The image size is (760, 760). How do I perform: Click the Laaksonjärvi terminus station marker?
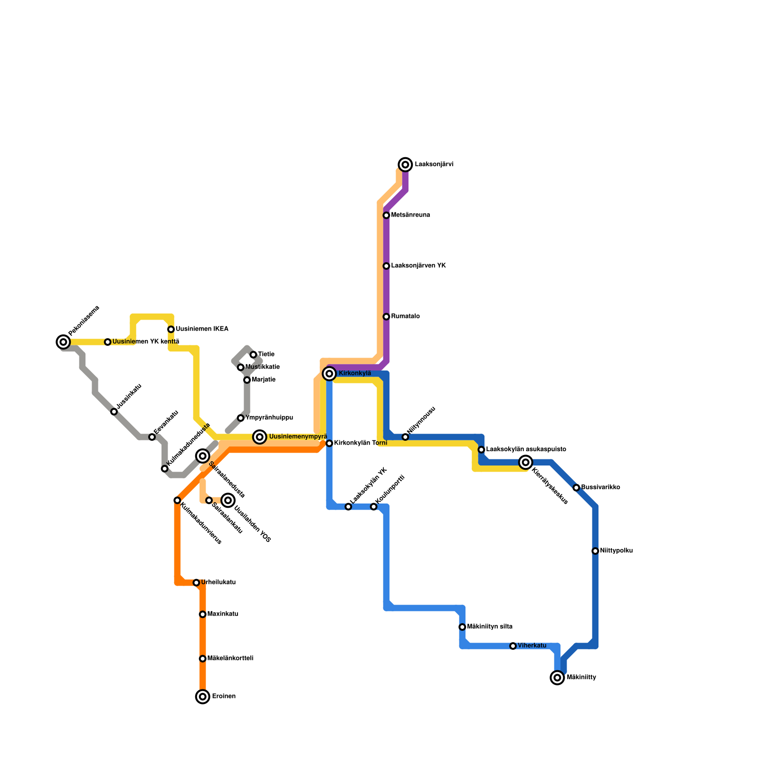coord(405,165)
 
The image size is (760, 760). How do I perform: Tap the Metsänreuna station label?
coord(410,215)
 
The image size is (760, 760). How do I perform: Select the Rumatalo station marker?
coord(386,317)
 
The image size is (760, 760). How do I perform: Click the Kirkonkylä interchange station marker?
coord(329,374)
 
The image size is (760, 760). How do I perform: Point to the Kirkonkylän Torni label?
coord(361,443)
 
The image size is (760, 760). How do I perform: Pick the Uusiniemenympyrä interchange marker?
coord(259,437)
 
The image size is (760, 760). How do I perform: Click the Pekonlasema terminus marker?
coord(63,342)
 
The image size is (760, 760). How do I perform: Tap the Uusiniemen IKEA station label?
coord(202,329)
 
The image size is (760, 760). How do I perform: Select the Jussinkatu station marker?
coord(114,412)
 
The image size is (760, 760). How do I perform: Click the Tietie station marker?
coord(253,355)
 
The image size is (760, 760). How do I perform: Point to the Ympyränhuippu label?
coord(269,418)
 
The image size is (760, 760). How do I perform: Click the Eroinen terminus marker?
coord(203,697)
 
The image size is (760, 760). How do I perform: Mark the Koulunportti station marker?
coord(374,507)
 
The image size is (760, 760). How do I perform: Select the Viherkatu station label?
coord(532,646)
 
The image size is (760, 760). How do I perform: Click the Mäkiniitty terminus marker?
coord(557,678)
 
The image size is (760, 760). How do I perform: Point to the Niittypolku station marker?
coord(595,551)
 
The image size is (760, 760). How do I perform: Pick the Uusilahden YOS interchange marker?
coord(228,500)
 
